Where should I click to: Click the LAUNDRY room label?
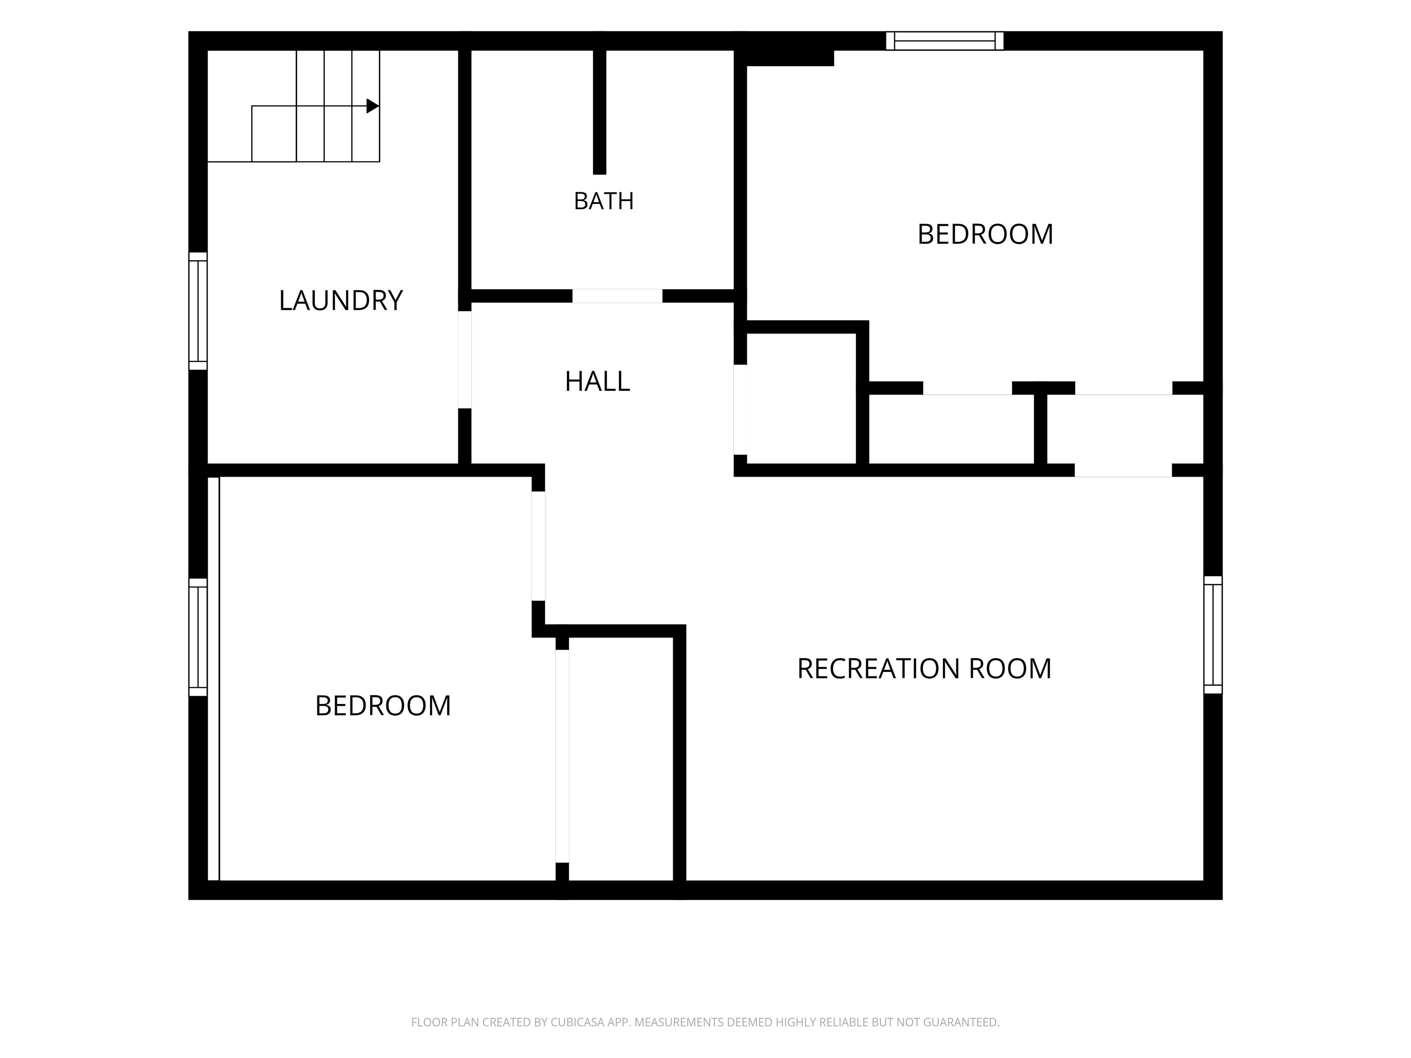[341, 300]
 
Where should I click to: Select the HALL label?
[597, 381]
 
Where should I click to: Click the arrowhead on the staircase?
[373, 106]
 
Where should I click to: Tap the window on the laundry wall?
[198, 311]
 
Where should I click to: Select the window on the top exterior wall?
[945, 41]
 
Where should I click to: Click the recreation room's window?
[1213, 635]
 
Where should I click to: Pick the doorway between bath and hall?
[617, 296]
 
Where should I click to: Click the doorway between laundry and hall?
[464, 360]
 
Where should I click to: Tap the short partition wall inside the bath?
[599, 112]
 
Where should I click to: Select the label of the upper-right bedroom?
[985, 234]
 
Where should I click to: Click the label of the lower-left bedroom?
[383, 706]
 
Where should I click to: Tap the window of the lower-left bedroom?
[198, 637]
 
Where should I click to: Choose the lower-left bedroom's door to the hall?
[538, 546]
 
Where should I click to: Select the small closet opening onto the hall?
[801, 399]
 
